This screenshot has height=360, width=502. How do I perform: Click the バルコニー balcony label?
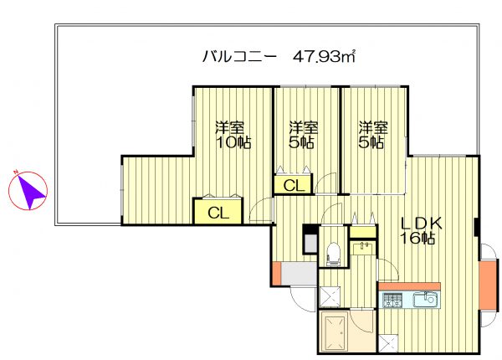[239, 57]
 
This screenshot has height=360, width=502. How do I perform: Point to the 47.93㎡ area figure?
[325, 57]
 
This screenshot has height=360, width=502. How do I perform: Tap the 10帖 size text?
[233, 142]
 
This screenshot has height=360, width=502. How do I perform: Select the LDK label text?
[421, 224]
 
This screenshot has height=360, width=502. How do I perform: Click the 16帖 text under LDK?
[417, 238]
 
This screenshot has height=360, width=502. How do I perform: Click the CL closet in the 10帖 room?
[218, 212]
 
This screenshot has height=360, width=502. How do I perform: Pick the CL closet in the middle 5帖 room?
[294, 185]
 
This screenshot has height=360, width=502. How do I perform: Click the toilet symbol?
[333, 254]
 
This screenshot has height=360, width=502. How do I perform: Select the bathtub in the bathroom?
[335, 332]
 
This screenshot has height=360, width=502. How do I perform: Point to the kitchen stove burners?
[392, 300]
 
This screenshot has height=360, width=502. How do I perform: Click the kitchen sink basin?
[425, 300]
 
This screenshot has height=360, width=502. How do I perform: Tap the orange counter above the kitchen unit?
[409, 286]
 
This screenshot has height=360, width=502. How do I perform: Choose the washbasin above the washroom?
[363, 248]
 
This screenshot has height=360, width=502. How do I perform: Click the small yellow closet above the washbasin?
[363, 232]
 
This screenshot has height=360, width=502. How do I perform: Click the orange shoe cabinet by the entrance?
[276, 273]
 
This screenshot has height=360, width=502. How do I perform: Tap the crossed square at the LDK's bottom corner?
[388, 343]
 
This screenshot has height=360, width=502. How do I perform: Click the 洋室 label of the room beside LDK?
[372, 128]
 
